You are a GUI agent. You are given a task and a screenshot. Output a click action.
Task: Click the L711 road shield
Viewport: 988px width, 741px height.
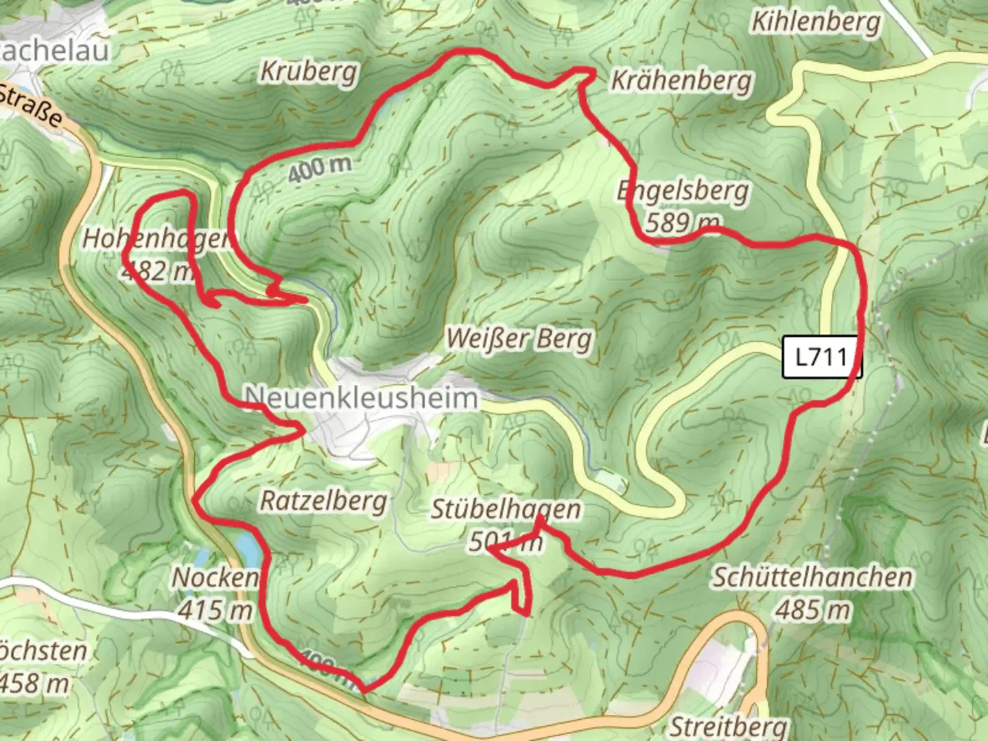(x=821, y=357)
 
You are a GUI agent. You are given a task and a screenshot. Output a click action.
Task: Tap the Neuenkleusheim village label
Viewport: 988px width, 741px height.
(x=361, y=397)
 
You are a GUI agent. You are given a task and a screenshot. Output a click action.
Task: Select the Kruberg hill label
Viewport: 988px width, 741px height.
(x=309, y=71)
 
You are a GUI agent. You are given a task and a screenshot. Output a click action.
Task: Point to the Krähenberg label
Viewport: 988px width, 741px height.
(x=681, y=81)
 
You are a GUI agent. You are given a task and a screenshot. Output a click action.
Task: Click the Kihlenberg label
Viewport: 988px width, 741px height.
(x=816, y=22)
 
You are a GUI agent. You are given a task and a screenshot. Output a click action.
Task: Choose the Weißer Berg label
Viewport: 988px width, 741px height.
(x=519, y=339)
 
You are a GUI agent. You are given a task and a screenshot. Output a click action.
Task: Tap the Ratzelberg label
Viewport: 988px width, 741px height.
(x=323, y=501)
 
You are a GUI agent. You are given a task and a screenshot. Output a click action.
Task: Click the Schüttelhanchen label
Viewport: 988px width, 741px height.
(x=812, y=577)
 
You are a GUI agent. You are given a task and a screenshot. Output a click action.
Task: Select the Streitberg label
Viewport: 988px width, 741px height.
(x=728, y=726)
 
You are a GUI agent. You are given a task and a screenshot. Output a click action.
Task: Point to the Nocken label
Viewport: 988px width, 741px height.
(x=215, y=578)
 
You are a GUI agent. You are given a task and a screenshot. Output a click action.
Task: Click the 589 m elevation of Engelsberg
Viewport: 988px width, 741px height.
(x=682, y=222)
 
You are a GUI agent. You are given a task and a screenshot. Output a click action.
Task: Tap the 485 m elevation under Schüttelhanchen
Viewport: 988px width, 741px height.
(x=813, y=609)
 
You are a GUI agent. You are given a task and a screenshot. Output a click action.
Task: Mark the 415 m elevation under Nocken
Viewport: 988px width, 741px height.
(x=215, y=609)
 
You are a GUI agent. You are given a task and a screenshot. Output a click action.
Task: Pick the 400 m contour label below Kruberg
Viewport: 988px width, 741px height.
(x=320, y=167)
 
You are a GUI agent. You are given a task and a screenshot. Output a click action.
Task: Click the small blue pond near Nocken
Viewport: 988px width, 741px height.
(x=247, y=545)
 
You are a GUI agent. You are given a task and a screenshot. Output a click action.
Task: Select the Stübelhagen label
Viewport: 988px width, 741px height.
(x=506, y=510)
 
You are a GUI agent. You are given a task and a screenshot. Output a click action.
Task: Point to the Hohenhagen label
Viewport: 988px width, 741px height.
(x=156, y=239)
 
